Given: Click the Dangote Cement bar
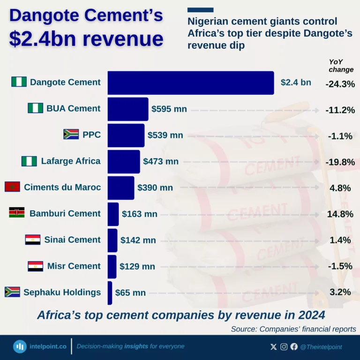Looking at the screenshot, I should [190, 83].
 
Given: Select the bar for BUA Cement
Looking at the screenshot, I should [127, 109].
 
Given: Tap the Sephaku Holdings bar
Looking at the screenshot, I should [110, 293].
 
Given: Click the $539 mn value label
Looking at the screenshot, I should [165, 135].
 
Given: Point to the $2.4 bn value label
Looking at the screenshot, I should [296, 83].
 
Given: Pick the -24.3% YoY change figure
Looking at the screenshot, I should [340, 84].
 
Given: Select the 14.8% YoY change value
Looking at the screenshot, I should [340, 214].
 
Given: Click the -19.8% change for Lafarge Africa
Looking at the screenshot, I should [340, 162].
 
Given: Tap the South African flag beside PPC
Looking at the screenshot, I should [71, 135].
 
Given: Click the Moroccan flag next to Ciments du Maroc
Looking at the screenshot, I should [12, 187].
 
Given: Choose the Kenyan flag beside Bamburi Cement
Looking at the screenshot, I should [16, 213].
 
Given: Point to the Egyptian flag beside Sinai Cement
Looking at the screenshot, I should [33, 240].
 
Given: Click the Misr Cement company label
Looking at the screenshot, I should [74, 266].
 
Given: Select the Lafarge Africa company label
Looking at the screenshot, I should [71, 161].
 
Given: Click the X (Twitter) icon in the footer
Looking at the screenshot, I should [274, 347].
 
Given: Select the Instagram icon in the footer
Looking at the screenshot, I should [284, 347].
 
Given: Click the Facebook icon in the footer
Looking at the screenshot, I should [294, 347].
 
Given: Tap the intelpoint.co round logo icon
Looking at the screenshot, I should [20, 346].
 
